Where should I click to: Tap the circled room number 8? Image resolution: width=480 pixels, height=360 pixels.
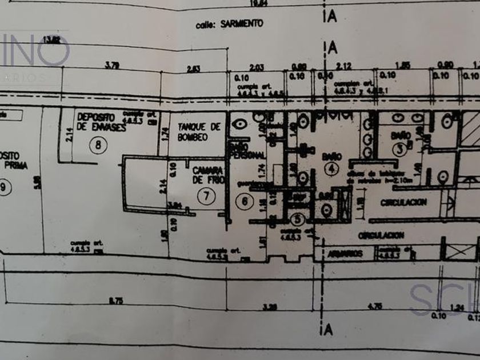pos(99,145)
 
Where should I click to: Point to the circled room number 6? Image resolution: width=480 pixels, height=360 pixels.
pos(245,201)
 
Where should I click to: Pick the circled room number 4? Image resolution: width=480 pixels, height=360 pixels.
pos(331,169)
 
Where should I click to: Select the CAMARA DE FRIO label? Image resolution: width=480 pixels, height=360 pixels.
pos(206,175)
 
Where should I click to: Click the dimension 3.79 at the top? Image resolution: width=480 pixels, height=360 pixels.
pos(112,66)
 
